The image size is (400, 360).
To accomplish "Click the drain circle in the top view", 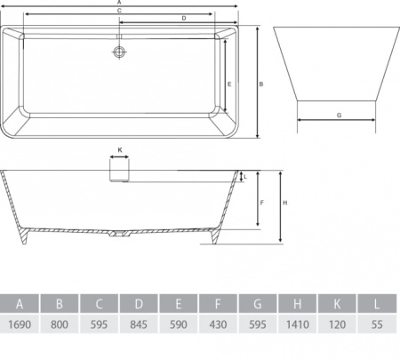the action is tap(119, 52).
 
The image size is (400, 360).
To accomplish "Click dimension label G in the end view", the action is tap(340, 116).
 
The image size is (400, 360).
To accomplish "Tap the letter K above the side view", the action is tap(120, 150).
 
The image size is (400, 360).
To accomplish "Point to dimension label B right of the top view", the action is tap(261, 84).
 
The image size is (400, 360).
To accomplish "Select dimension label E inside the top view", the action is tap(229, 84).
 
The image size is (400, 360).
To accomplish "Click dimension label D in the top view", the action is tap(184, 19).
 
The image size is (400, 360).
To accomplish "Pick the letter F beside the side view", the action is tap(261, 203).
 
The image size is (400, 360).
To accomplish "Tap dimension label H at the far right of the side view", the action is tap(285, 203).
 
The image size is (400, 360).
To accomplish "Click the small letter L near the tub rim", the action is tap(245, 177).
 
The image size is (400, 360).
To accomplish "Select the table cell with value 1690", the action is tap(20, 324).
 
